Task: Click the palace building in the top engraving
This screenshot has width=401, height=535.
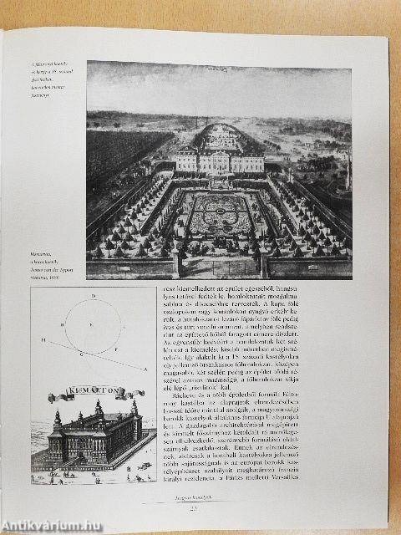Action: [219, 156]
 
